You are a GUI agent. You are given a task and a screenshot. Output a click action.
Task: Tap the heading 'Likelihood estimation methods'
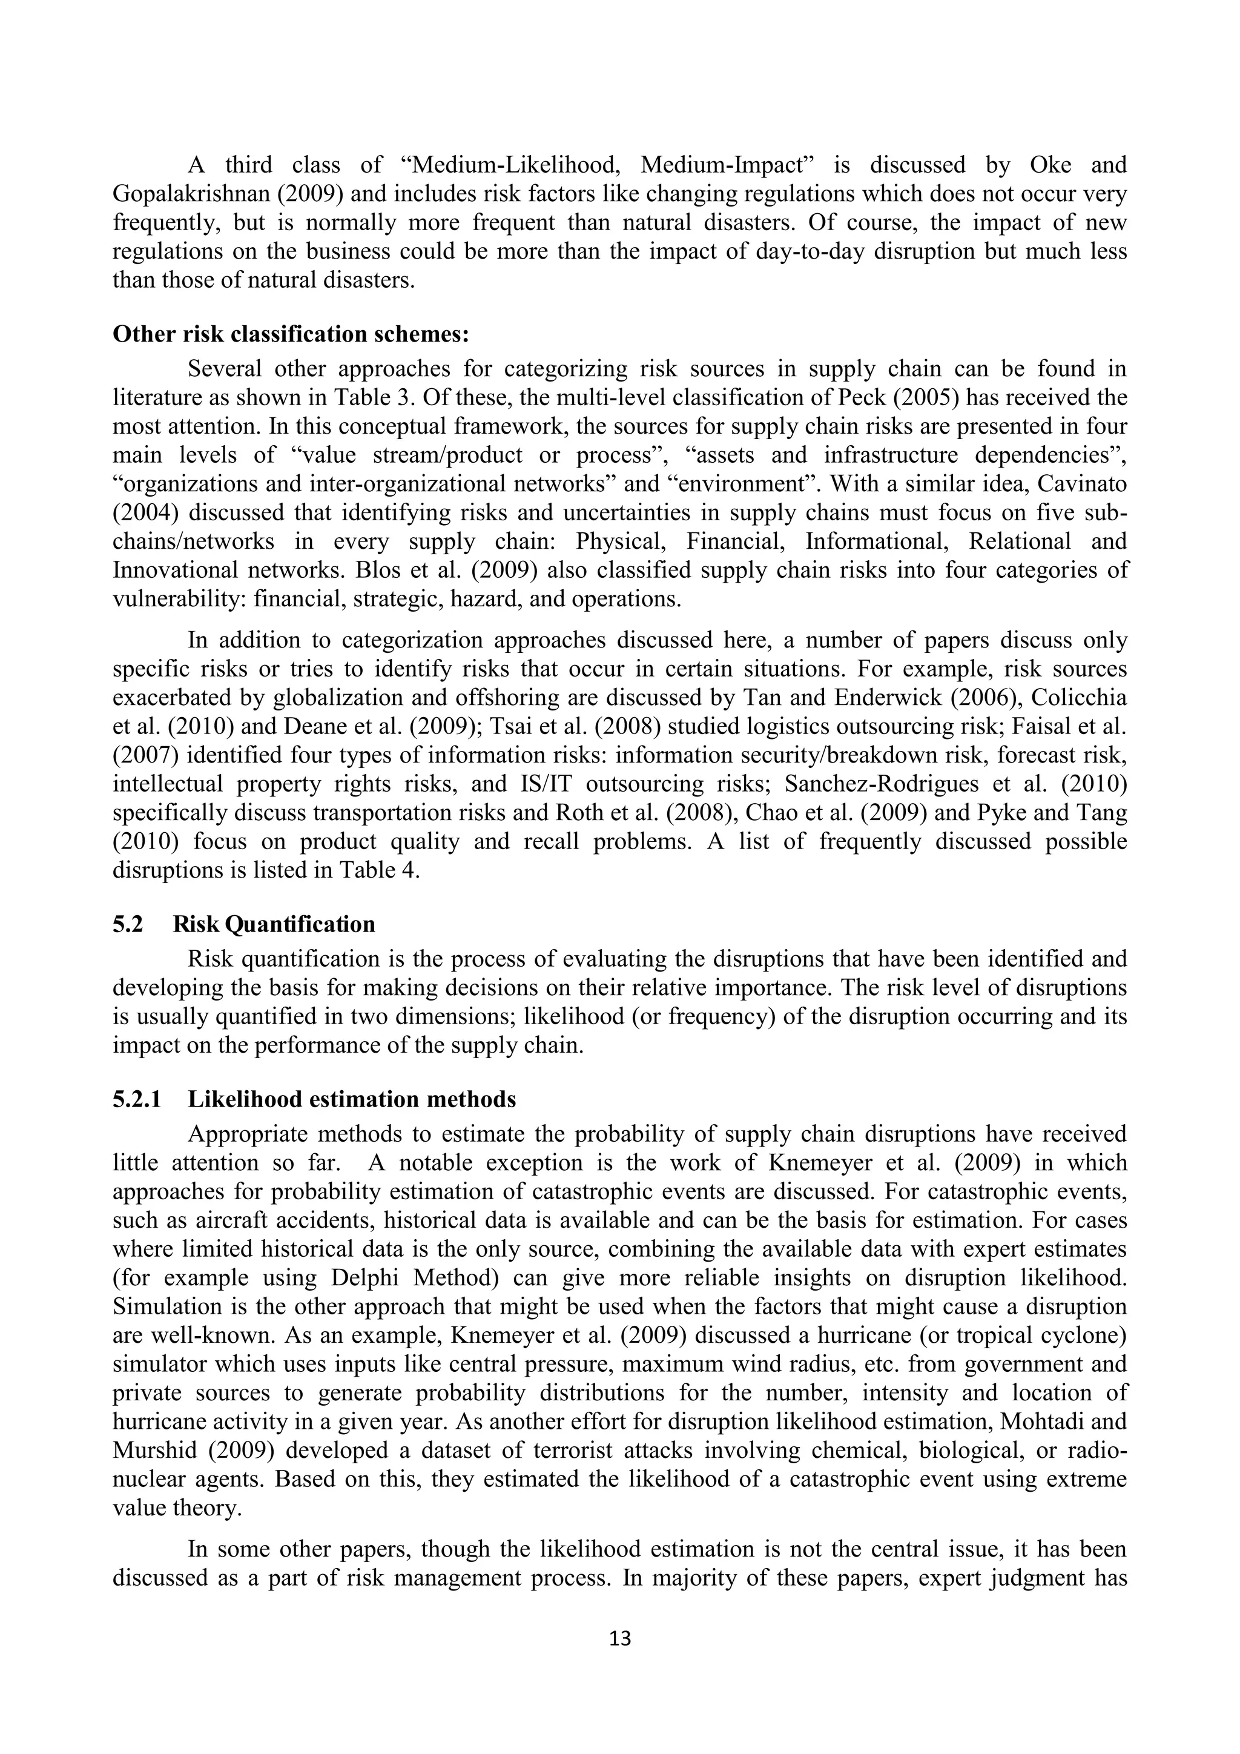(x=351, y=1099)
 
